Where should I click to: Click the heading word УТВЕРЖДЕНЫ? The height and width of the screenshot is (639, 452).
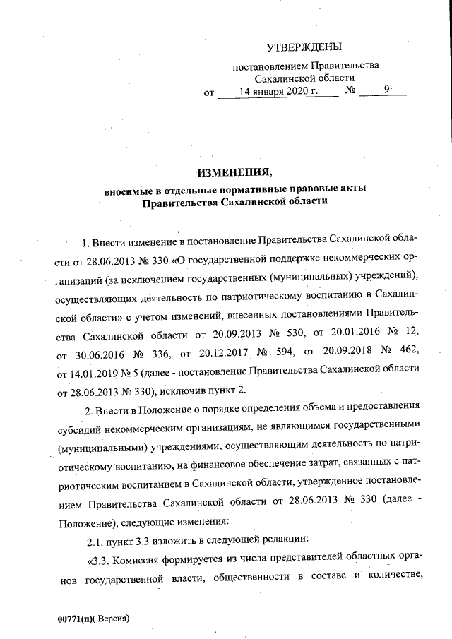[304, 47]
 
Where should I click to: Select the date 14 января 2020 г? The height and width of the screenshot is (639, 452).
[279, 92]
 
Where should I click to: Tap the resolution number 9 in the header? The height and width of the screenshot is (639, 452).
[386, 90]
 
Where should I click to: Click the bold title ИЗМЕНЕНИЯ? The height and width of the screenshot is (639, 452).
[233, 173]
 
